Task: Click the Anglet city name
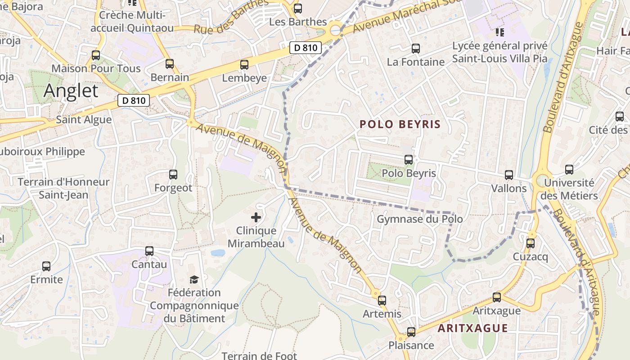pyautogui.click(x=71, y=91)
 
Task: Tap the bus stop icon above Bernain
pyautogui.click(x=170, y=64)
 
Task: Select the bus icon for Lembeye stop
pyautogui.click(x=244, y=65)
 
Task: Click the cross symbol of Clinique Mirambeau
pyautogui.click(x=256, y=218)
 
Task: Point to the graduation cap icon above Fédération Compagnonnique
pyautogui.click(x=194, y=279)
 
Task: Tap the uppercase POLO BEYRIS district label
pyautogui.click(x=400, y=124)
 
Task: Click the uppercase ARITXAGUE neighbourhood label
pyautogui.click(x=472, y=328)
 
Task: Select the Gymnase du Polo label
pyautogui.click(x=419, y=219)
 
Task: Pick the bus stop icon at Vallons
pyautogui.click(x=509, y=175)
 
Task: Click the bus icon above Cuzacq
pyautogui.click(x=531, y=243)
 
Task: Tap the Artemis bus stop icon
pyautogui.click(x=382, y=300)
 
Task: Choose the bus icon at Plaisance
pyautogui.click(x=411, y=332)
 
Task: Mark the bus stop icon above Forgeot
pyautogui.click(x=173, y=175)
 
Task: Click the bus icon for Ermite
pyautogui.click(x=46, y=266)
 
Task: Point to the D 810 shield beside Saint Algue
pyautogui.click(x=134, y=100)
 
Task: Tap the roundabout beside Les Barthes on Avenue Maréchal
pyautogui.click(x=335, y=31)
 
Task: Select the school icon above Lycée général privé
pyautogui.click(x=499, y=32)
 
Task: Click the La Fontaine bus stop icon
pyautogui.click(x=416, y=49)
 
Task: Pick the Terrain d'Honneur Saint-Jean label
pyautogui.click(x=63, y=189)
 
